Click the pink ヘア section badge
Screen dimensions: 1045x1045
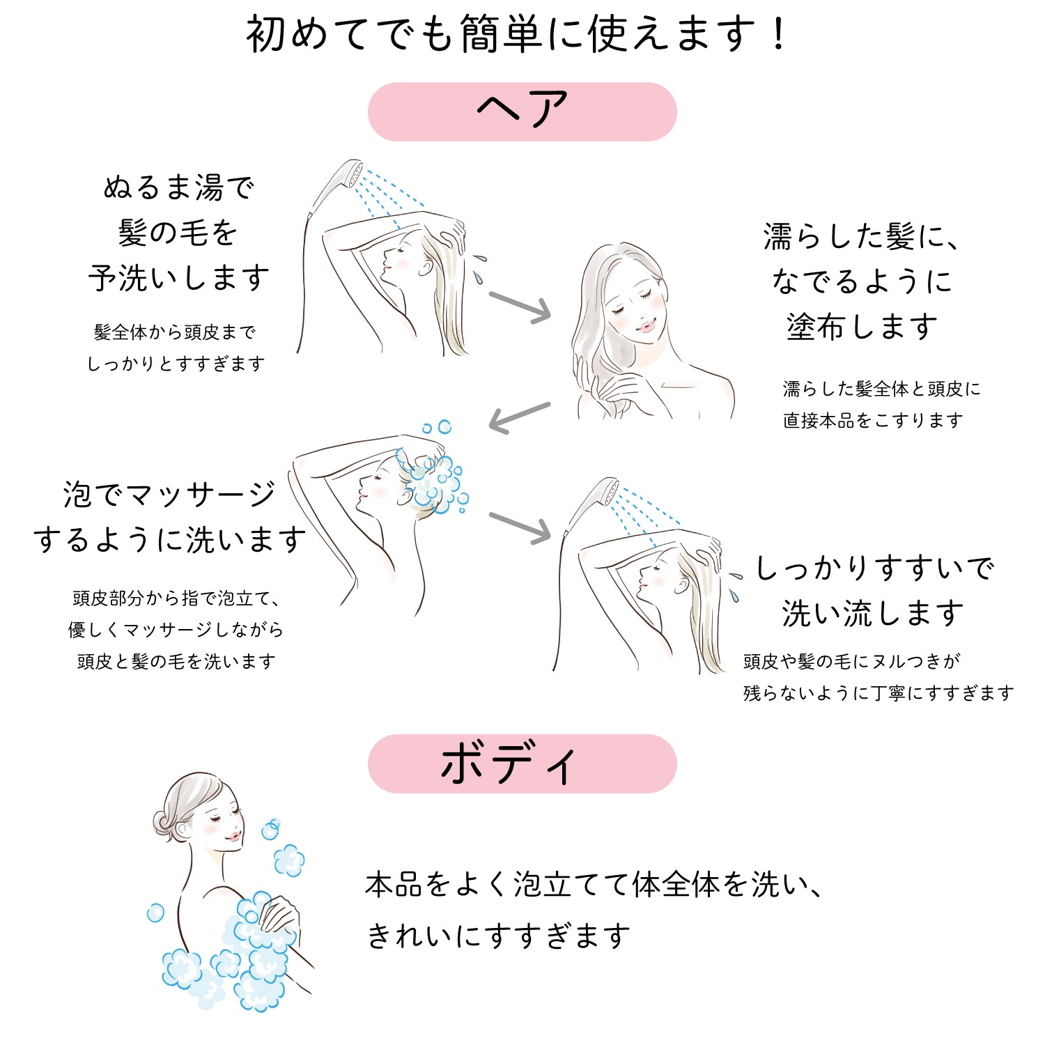(x=522, y=111)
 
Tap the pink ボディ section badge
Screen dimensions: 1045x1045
(x=522, y=764)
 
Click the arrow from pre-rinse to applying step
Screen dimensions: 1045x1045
(x=520, y=307)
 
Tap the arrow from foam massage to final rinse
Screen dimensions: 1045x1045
(x=520, y=527)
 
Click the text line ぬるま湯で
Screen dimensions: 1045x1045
(x=178, y=188)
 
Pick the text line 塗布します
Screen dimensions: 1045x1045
(x=862, y=327)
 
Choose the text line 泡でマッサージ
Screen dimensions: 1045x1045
(x=169, y=495)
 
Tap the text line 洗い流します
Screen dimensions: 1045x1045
(x=872, y=614)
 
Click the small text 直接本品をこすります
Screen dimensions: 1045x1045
(x=873, y=421)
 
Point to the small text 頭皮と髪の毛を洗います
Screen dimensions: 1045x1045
(x=176, y=662)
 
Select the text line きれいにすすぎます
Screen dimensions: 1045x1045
(x=498, y=936)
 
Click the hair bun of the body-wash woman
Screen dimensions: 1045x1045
(x=162, y=823)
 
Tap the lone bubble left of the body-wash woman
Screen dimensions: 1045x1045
(x=155, y=913)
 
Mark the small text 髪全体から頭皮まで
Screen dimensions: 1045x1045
(x=175, y=332)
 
